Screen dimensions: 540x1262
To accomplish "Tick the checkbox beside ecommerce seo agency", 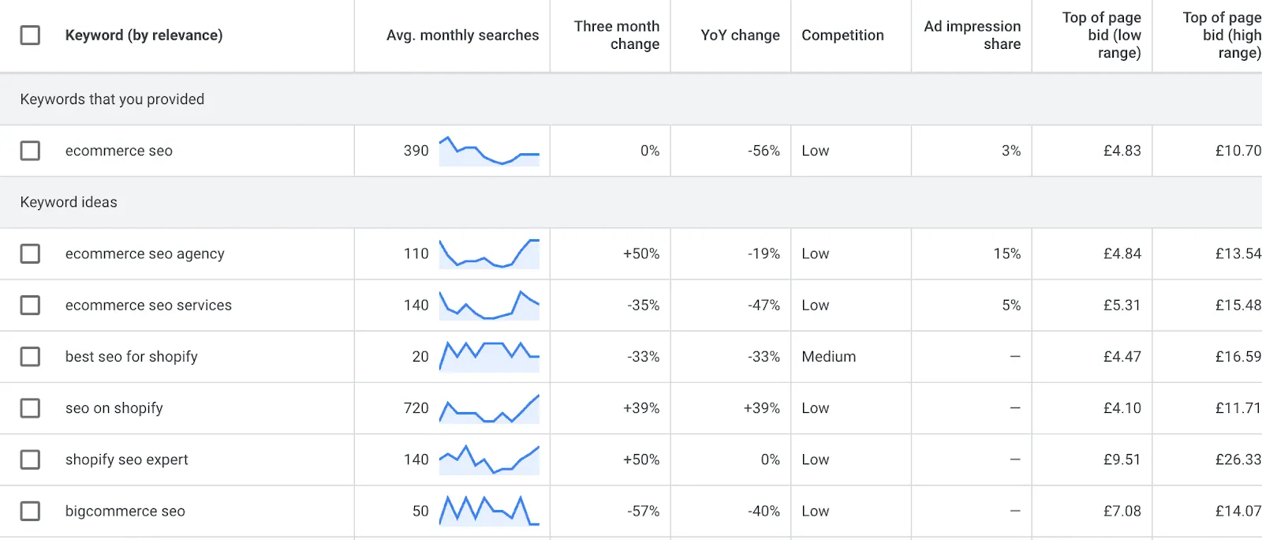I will (30, 253).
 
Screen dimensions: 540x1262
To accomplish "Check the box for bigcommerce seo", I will (30, 511).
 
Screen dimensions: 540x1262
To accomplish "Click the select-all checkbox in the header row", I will (30, 35).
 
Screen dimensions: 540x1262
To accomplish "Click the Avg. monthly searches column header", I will (462, 35).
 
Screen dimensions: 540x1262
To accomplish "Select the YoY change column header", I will (740, 35).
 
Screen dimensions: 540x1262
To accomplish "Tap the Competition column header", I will (842, 35).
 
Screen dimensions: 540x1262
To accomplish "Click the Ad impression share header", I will (972, 35).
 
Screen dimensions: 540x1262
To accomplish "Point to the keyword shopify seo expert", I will (127, 459).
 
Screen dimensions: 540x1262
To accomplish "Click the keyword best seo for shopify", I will (132, 357).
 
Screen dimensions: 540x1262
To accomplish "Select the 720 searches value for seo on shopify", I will (416, 408).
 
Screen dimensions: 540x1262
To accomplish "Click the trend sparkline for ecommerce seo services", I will (489, 306).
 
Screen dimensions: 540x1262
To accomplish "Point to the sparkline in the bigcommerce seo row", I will (489, 511).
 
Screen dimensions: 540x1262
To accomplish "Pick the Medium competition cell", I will (828, 357).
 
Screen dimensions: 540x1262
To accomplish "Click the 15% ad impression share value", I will (1006, 253).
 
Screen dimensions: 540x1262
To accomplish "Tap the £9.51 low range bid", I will (1122, 459).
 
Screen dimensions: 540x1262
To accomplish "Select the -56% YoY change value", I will (764, 151).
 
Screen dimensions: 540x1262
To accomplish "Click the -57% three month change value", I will (643, 511).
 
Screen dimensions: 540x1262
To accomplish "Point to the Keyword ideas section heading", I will (69, 202).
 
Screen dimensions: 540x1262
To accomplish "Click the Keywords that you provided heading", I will (112, 99).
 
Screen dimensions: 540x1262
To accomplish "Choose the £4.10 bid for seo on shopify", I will (1122, 408).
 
